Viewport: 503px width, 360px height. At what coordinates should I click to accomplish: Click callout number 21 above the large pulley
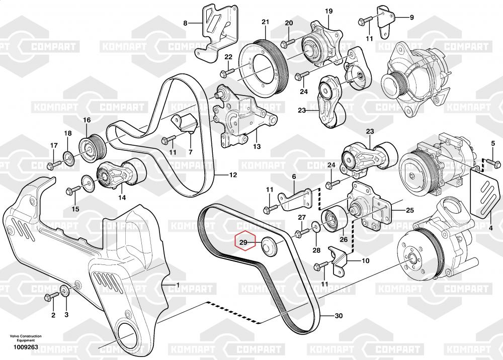(265, 22)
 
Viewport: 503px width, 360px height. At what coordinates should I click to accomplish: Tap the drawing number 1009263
(26, 347)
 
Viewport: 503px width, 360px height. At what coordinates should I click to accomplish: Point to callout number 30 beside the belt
(339, 316)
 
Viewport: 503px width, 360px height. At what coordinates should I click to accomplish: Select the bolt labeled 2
(52, 296)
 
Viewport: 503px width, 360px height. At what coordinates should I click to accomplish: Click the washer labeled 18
(68, 156)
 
